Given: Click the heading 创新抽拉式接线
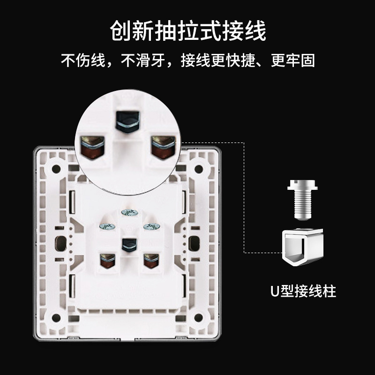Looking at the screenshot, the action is coord(187,31).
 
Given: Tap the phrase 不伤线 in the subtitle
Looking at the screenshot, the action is coord(83,60).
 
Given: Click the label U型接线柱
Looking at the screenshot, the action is coord(309,291).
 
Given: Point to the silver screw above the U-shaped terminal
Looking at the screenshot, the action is coord(301,199).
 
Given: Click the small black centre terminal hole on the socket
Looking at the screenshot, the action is coord(127,243).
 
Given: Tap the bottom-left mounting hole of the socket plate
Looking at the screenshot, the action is coord(56,318).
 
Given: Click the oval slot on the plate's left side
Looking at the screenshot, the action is coord(60,243).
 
